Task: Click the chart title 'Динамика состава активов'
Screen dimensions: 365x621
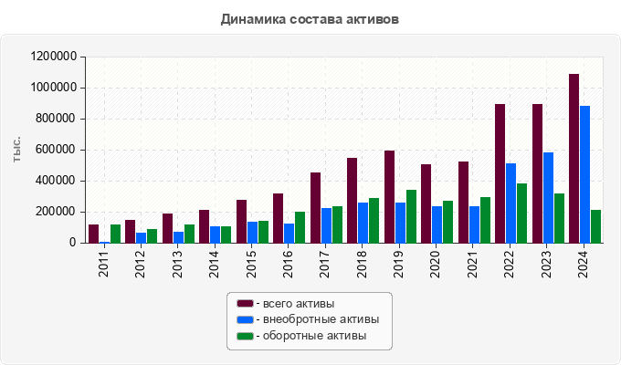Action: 310,19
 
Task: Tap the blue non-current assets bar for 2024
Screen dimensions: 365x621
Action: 584,174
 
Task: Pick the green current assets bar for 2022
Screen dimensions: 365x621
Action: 521,213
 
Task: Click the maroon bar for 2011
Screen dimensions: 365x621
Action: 93,234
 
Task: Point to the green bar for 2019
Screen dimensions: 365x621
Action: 411,216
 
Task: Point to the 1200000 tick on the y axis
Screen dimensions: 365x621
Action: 52,57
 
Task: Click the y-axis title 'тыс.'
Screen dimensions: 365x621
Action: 16,150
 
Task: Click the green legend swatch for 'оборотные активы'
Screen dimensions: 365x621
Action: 244,336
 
